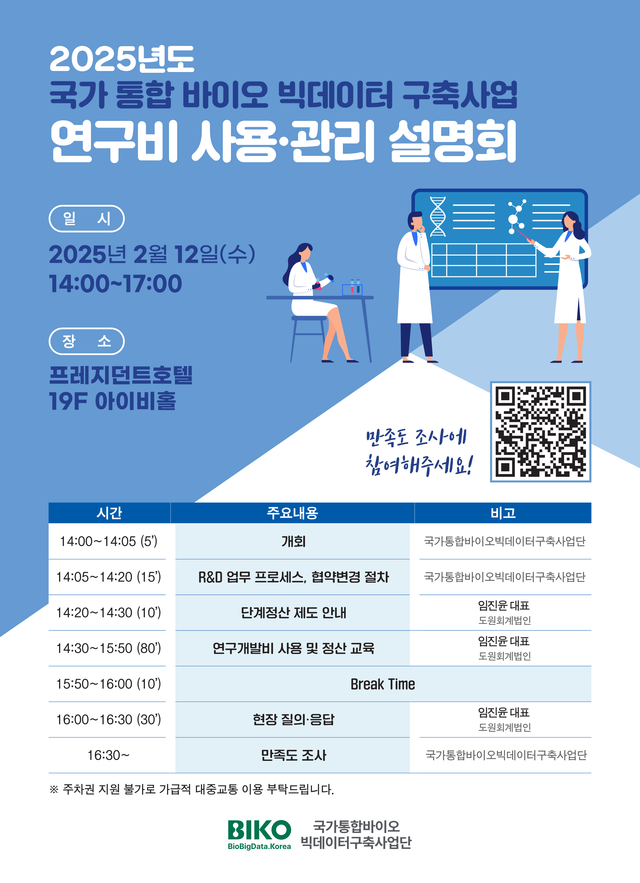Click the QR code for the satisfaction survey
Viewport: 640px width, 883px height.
tap(540, 431)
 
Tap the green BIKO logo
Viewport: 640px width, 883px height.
tap(259, 834)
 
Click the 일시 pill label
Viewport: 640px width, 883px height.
tap(86, 218)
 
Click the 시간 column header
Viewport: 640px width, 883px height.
tap(109, 513)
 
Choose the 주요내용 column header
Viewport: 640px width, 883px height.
tap(292, 513)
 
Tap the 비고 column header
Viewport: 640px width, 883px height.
tap(503, 513)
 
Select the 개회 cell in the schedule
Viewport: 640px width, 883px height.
tap(293, 541)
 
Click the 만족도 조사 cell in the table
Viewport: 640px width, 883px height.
tap(293, 755)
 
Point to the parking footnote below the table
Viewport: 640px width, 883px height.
tap(192, 789)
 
